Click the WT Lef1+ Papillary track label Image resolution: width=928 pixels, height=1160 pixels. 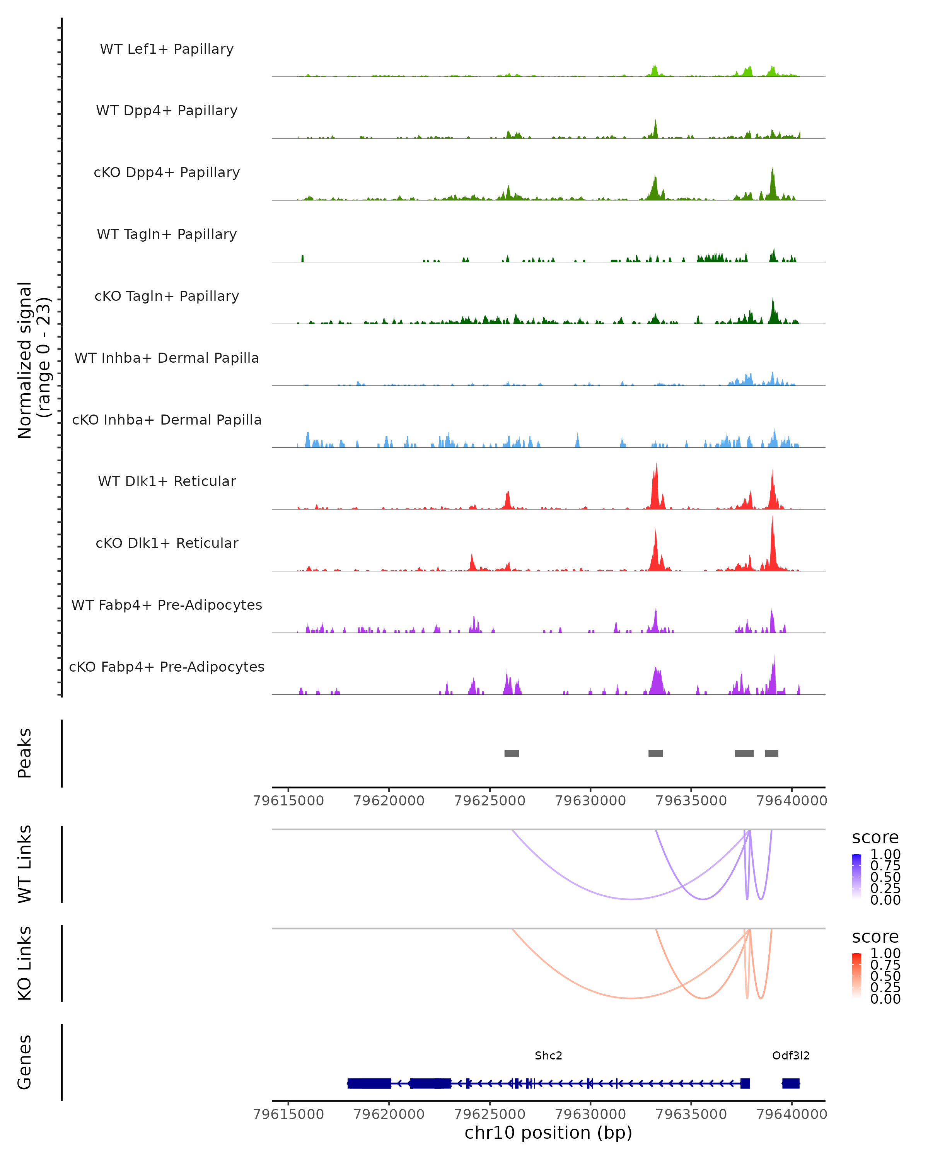[x=167, y=49]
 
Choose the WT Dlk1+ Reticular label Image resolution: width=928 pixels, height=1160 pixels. [x=167, y=481]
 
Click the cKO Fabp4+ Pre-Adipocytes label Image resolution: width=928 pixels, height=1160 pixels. [x=167, y=667]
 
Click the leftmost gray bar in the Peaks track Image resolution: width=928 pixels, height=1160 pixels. [x=512, y=753]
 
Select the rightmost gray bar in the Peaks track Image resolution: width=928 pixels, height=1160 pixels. [x=771, y=753]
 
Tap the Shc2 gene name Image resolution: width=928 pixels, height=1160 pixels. [x=548, y=1056]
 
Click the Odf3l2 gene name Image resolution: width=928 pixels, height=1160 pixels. [x=791, y=1056]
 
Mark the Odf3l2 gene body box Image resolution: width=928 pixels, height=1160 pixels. [x=791, y=1083]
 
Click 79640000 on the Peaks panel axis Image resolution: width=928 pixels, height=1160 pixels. [x=792, y=801]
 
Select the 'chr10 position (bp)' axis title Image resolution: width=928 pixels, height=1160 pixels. [x=548, y=1133]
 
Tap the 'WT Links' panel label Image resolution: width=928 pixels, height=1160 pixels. [x=25, y=864]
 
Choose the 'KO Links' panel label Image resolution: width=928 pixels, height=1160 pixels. [x=25, y=963]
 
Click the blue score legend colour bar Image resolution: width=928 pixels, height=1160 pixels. [x=856, y=877]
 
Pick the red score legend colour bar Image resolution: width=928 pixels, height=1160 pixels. [x=856, y=976]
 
